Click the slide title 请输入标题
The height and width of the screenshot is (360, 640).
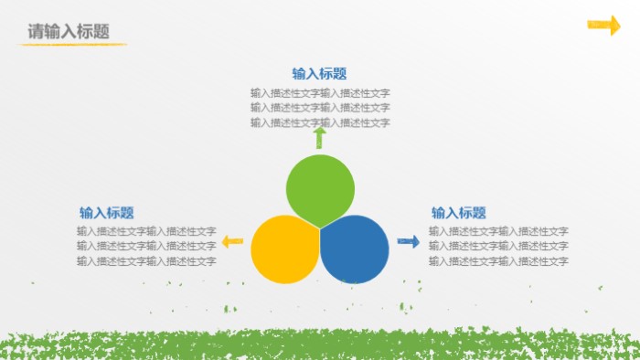(x=69, y=31)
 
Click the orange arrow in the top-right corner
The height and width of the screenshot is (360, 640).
(x=603, y=25)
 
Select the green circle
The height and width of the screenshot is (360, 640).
(x=320, y=188)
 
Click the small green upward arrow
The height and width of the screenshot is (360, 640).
(x=320, y=137)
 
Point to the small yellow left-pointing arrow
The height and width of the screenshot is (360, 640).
(x=233, y=241)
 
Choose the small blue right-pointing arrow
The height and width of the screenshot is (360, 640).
(x=409, y=241)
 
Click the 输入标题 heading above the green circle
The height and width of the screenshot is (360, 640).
(x=319, y=74)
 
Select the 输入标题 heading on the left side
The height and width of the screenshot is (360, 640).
(x=106, y=212)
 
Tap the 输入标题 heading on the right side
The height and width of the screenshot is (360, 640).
(x=458, y=212)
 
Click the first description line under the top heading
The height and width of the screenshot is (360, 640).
(x=320, y=92)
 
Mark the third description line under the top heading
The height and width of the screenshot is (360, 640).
(x=320, y=122)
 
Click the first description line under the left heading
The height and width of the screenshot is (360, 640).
(x=146, y=231)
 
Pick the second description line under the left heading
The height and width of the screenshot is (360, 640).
(x=146, y=246)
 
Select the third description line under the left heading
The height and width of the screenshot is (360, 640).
(x=146, y=261)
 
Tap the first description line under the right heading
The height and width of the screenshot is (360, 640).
(x=498, y=231)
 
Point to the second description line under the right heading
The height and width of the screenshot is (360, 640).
(x=498, y=246)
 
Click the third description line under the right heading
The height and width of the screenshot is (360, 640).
(x=498, y=261)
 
